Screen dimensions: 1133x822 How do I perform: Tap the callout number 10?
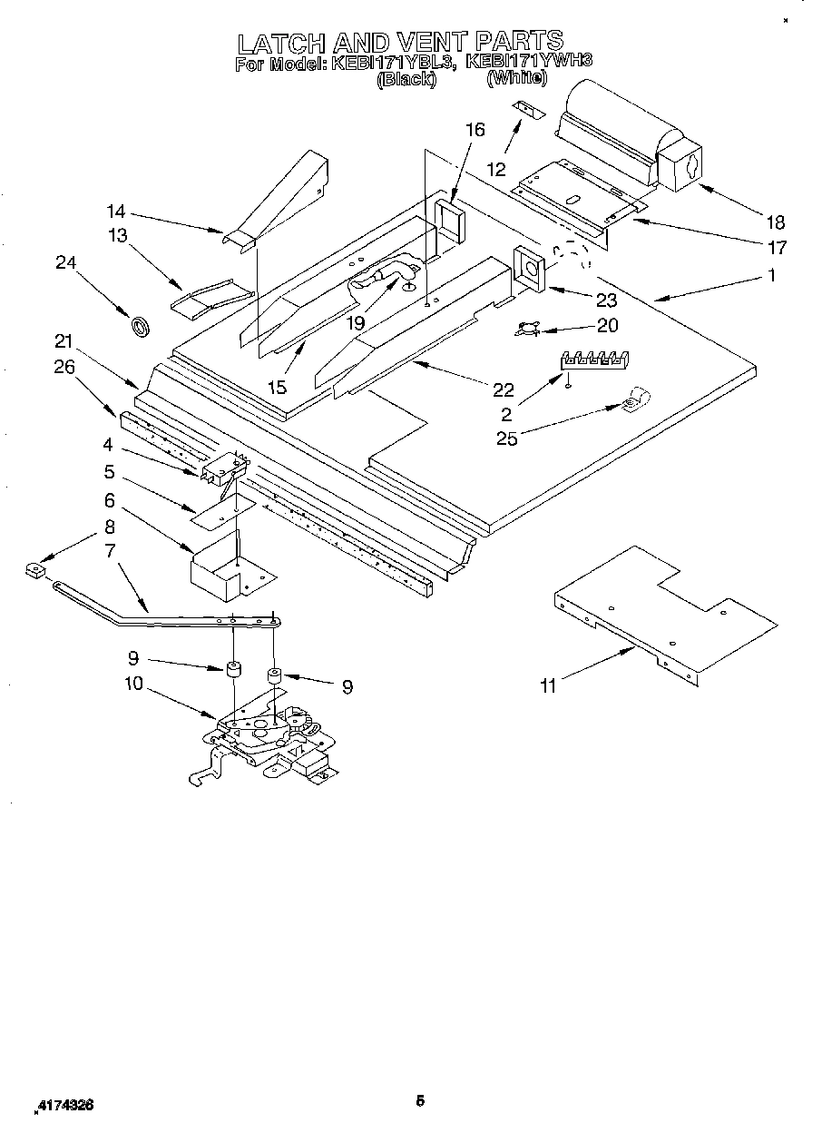[133, 683]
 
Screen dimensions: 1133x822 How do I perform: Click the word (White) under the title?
[516, 79]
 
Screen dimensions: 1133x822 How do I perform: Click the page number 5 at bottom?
[420, 1102]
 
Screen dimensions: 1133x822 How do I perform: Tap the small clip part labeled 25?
[631, 398]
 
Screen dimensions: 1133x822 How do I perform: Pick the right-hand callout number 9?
[346, 687]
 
